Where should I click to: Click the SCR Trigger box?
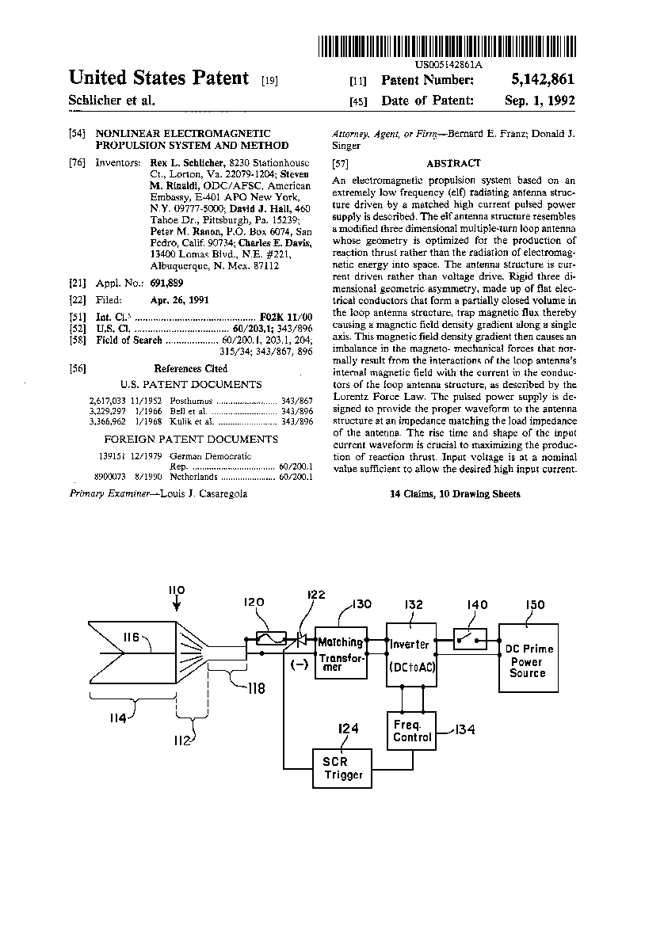[x=342, y=768]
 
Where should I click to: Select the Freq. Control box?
[x=412, y=731]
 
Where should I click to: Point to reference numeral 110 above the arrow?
[x=176, y=591]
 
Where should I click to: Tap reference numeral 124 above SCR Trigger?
[x=348, y=728]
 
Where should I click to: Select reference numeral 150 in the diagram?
[x=535, y=606]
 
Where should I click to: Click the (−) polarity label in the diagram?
[x=299, y=665]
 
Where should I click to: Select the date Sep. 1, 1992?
[x=540, y=101]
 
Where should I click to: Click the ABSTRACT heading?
[x=453, y=163]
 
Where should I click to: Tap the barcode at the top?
[x=448, y=46]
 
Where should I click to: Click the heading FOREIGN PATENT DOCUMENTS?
[x=191, y=439]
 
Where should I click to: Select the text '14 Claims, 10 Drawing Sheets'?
[x=455, y=493]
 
